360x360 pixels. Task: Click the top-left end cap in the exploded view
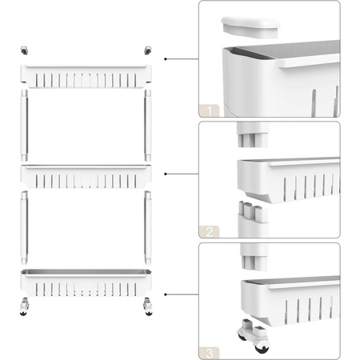coord(24,50)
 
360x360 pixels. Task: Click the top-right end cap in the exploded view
coord(148,50)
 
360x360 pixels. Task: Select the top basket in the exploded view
coord(86,77)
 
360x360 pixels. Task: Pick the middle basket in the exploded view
coord(86,177)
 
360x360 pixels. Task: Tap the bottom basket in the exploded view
coord(86,283)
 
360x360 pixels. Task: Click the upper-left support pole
coord(24,126)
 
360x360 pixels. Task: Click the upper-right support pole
coord(148,126)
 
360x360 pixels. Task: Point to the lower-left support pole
coord(24,227)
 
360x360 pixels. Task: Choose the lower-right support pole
coord(148,227)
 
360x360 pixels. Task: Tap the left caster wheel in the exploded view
coord(24,306)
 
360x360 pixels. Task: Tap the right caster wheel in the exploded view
coord(148,306)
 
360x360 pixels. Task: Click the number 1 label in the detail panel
coord(209,110)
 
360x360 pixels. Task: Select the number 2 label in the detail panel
coord(209,232)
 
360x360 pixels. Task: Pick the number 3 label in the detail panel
coord(209,354)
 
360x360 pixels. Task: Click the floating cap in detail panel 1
coord(250,27)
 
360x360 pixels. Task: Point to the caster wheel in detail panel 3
coord(254,335)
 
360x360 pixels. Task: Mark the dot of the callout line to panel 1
coord(166,59)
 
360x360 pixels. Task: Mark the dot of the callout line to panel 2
coord(166,174)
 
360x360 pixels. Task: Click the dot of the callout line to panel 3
coord(166,294)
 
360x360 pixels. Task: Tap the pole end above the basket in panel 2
coord(253,134)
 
